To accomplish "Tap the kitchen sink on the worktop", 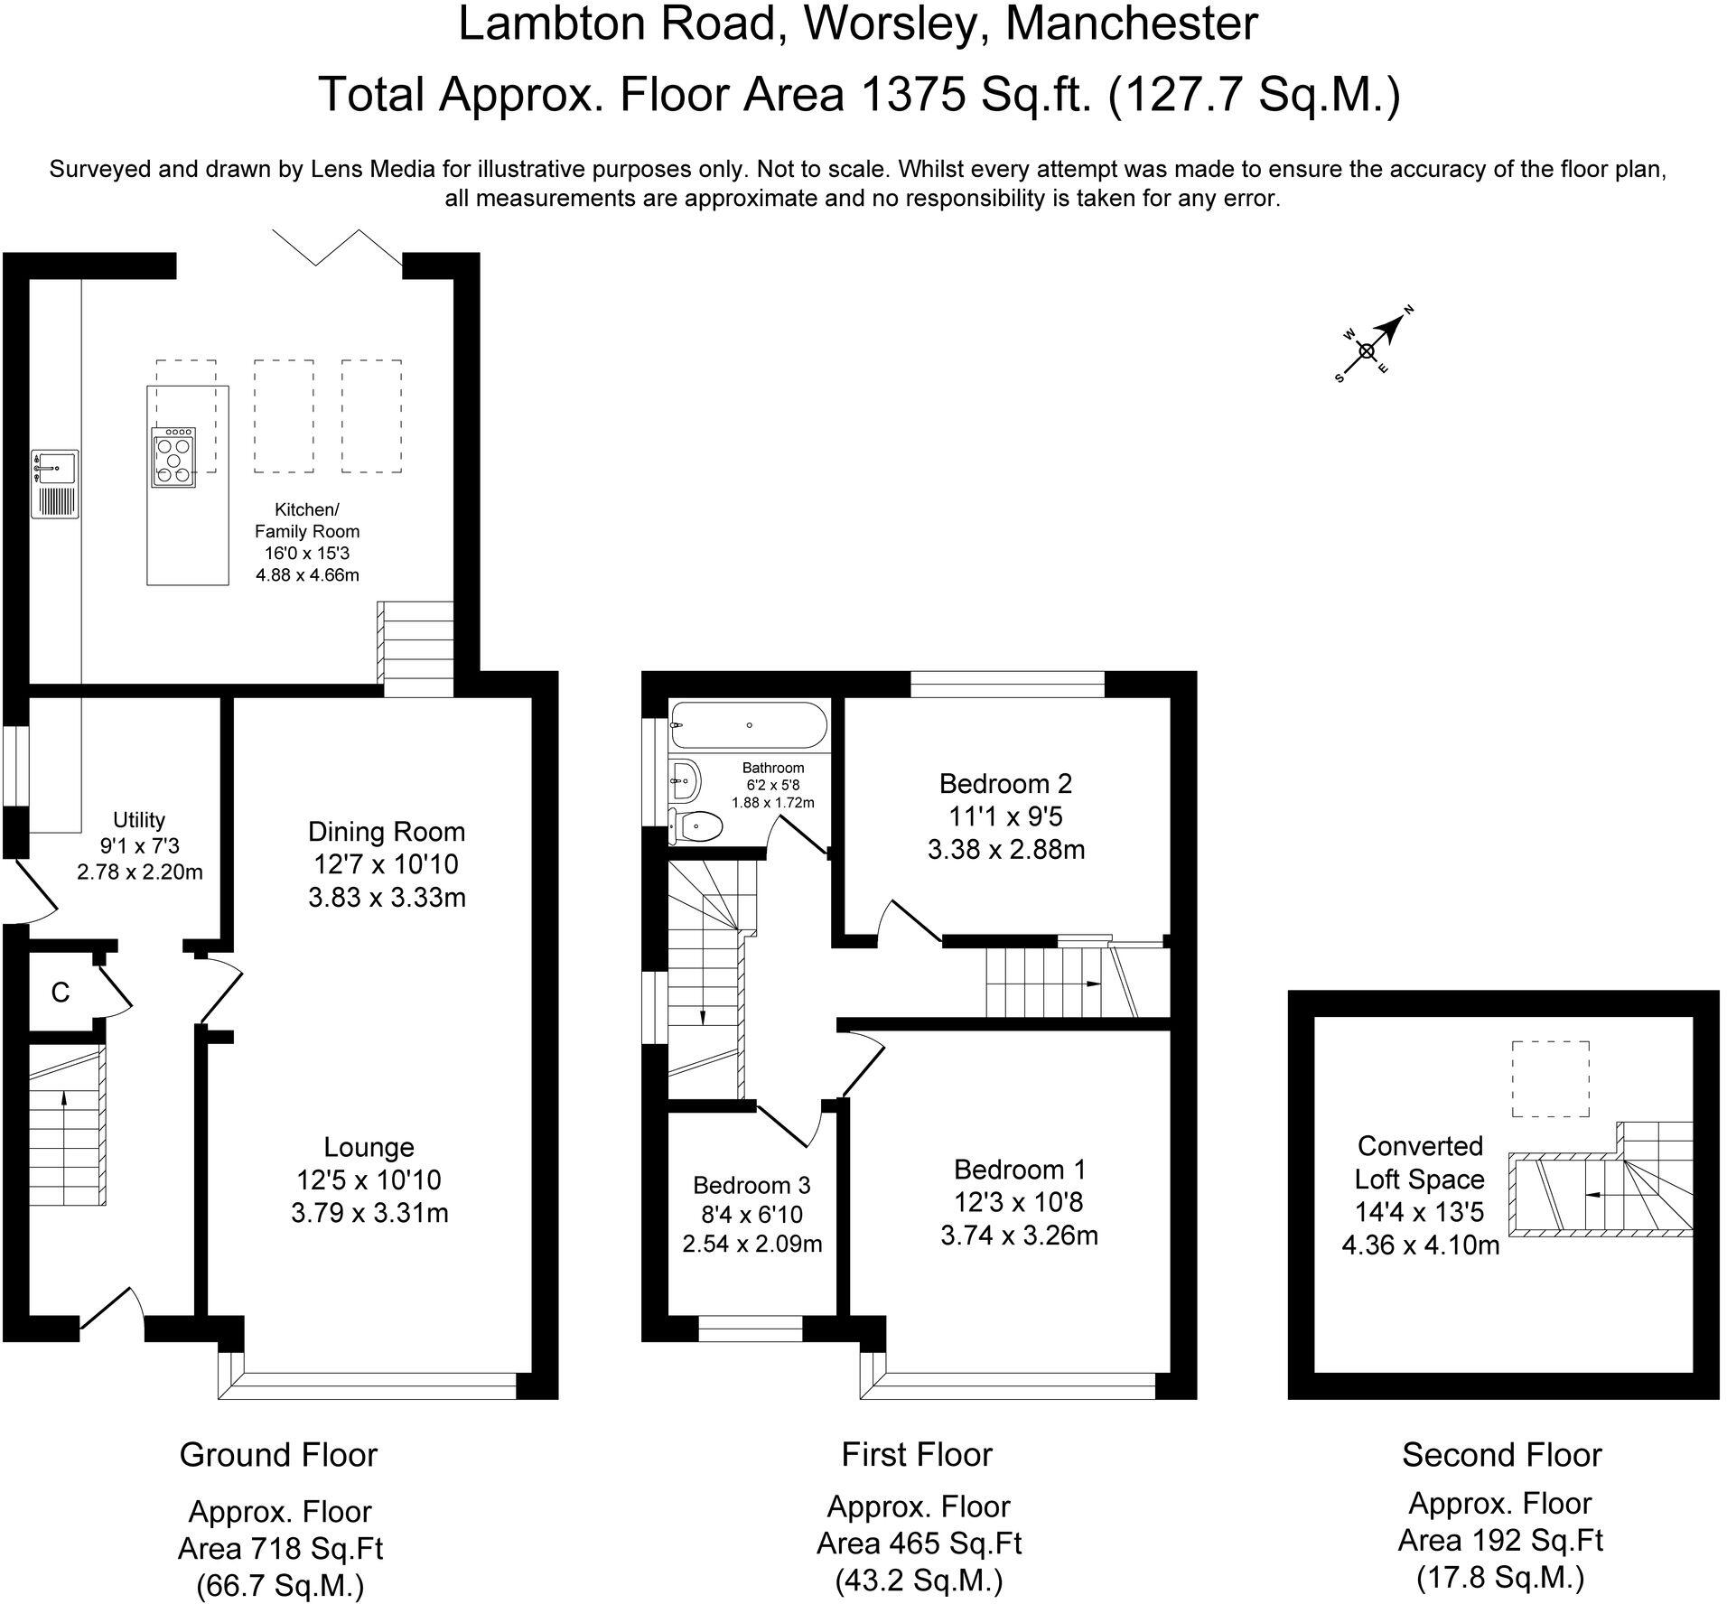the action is (56, 485).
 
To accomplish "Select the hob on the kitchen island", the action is (173, 458).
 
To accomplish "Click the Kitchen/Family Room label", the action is (307, 521).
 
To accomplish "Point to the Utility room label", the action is (139, 820).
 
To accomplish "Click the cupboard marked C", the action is (61, 993).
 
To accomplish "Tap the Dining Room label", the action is (387, 832).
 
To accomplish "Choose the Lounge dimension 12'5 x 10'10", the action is (369, 1180).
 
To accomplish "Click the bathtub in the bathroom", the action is (749, 725).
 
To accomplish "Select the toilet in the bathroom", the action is (696, 826).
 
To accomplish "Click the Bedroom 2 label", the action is (1006, 783).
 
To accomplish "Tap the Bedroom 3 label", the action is (751, 1185).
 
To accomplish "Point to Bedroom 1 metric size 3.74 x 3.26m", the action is (1020, 1235).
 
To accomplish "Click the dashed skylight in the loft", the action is (1551, 1079).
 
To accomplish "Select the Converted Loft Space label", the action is (1420, 1162).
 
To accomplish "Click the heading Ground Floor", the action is (278, 1455).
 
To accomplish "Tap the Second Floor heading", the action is (1502, 1455).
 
